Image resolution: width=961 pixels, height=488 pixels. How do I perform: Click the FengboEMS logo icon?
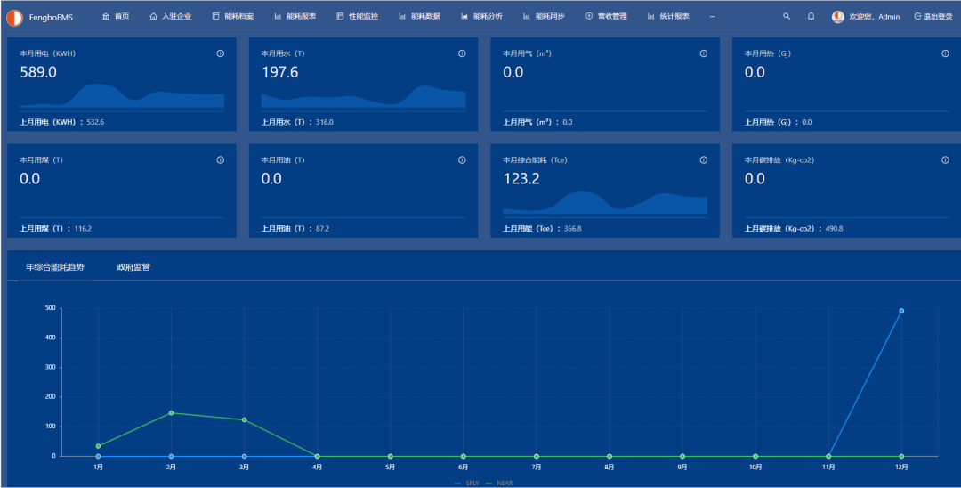click(14, 17)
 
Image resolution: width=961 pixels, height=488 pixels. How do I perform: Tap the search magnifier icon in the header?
click(786, 16)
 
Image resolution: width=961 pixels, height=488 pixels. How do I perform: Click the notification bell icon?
click(811, 16)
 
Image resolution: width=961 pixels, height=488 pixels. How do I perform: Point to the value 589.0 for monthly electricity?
click(37, 72)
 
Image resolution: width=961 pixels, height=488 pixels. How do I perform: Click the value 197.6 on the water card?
click(279, 72)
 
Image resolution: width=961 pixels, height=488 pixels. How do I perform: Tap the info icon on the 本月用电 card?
click(220, 53)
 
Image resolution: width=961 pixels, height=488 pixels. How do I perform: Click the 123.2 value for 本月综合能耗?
click(521, 179)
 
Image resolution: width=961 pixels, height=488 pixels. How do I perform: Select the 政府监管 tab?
click(133, 267)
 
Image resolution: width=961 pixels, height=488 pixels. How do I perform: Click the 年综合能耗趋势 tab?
click(55, 267)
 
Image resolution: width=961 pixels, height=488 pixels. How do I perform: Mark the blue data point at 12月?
click(901, 311)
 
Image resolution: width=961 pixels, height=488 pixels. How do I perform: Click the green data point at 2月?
click(171, 412)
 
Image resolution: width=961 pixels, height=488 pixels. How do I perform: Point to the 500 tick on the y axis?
click(51, 308)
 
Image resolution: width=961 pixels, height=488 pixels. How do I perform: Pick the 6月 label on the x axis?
click(464, 467)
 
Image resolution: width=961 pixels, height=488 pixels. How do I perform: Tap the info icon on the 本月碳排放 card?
click(945, 160)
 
